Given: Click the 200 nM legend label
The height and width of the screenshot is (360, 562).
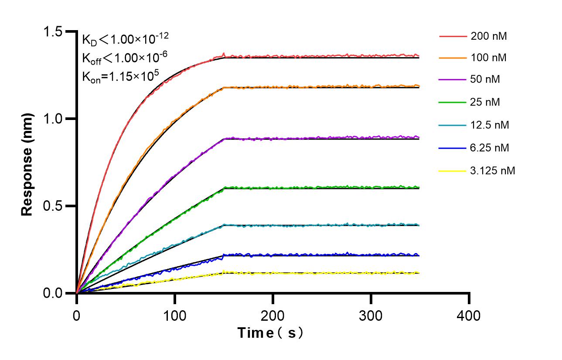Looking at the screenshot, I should [x=488, y=37].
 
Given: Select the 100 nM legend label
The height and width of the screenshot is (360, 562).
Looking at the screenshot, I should [x=488, y=58].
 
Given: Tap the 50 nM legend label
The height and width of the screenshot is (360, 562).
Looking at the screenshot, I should [x=485, y=79].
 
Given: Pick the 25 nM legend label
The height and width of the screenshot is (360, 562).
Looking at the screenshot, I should [x=485, y=102].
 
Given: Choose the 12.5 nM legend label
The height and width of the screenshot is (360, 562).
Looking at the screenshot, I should [x=490, y=125].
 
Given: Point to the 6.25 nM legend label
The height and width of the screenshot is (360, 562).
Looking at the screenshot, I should [x=490, y=148].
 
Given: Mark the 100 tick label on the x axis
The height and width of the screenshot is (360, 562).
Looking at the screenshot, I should [x=175, y=315].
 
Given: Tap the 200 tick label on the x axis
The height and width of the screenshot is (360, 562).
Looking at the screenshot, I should [x=273, y=315].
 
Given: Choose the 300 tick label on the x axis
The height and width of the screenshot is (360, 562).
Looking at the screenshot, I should [x=371, y=315].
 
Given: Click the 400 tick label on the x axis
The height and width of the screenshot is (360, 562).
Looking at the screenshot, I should [x=469, y=315].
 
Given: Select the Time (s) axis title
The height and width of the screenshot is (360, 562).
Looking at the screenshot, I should [x=270, y=333].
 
